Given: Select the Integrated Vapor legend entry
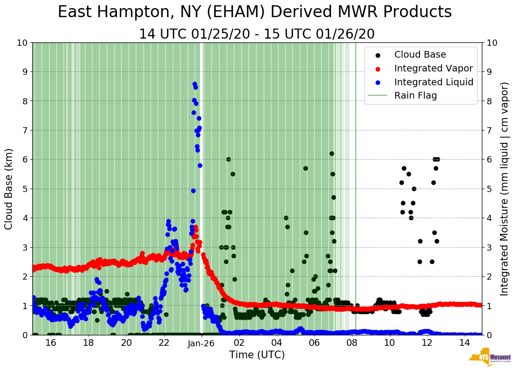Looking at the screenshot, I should [x=433, y=68].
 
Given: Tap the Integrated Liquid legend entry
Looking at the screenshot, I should [x=433, y=82].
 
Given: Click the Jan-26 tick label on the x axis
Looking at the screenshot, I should [x=202, y=343].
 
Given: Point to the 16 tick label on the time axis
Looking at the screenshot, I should [x=51, y=343].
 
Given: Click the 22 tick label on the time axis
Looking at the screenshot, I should [x=164, y=343].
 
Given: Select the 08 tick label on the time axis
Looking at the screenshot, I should [x=352, y=343].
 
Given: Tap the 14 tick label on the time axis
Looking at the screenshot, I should [x=464, y=343].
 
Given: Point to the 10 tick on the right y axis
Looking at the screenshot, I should [x=492, y=42].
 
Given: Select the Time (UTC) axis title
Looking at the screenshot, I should [x=257, y=355].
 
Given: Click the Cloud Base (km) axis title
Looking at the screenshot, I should [x=9, y=189].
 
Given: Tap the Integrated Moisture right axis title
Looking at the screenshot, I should [x=505, y=189].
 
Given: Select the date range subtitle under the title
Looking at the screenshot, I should [x=257, y=34].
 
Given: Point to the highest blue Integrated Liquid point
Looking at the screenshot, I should [x=195, y=84].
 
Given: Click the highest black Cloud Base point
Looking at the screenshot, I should [x=332, y=153].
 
